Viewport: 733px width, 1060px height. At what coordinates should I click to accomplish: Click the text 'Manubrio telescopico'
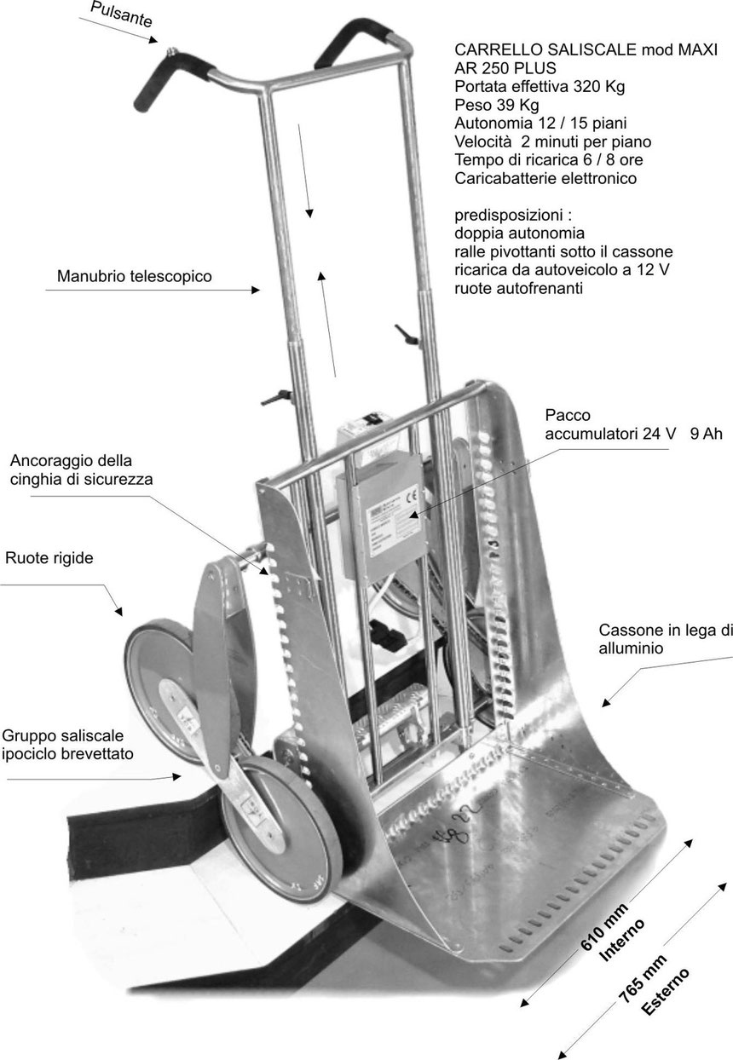[x=134, y=277]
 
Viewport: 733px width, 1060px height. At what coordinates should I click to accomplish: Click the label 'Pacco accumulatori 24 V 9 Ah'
[x=632, y=424]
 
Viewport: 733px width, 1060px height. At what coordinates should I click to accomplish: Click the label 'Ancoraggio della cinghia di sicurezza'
[x=82, y=469]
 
